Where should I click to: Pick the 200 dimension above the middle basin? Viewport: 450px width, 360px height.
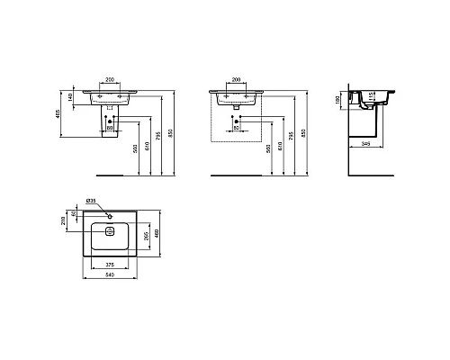click(x=238, y=80)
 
